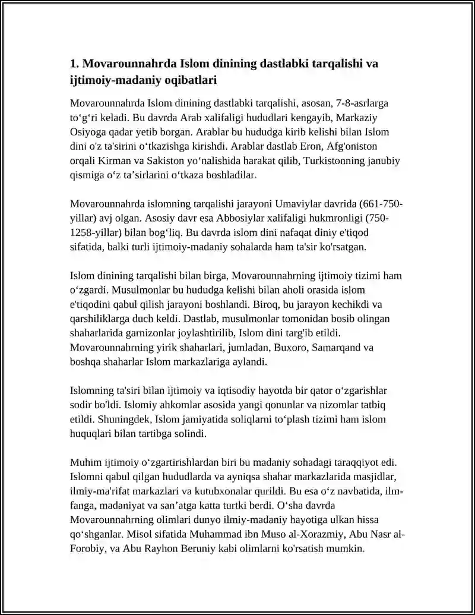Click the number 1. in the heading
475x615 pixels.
[x=74, y=64]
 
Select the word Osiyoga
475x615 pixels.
[x=87, y=131]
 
